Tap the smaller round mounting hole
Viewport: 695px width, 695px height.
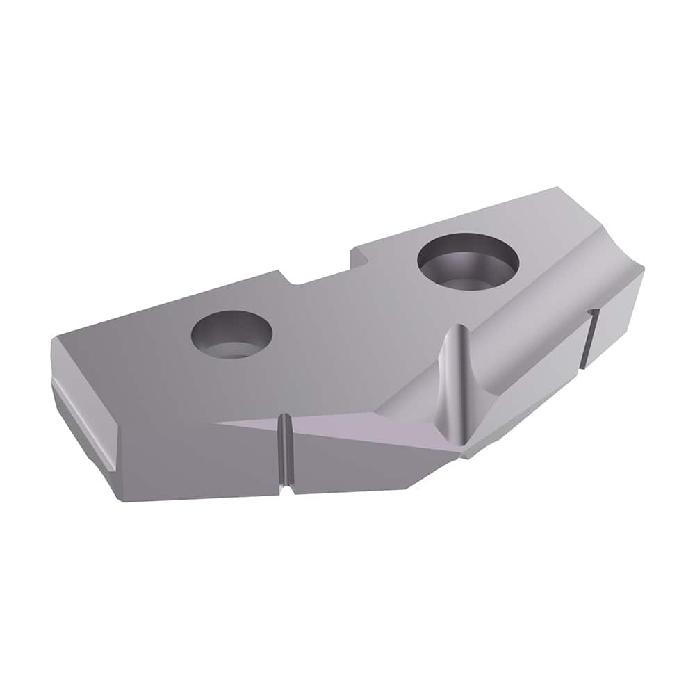[231, 335]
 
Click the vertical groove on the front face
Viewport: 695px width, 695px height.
[284, 455]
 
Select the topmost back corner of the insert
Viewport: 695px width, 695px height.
[556, 188]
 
